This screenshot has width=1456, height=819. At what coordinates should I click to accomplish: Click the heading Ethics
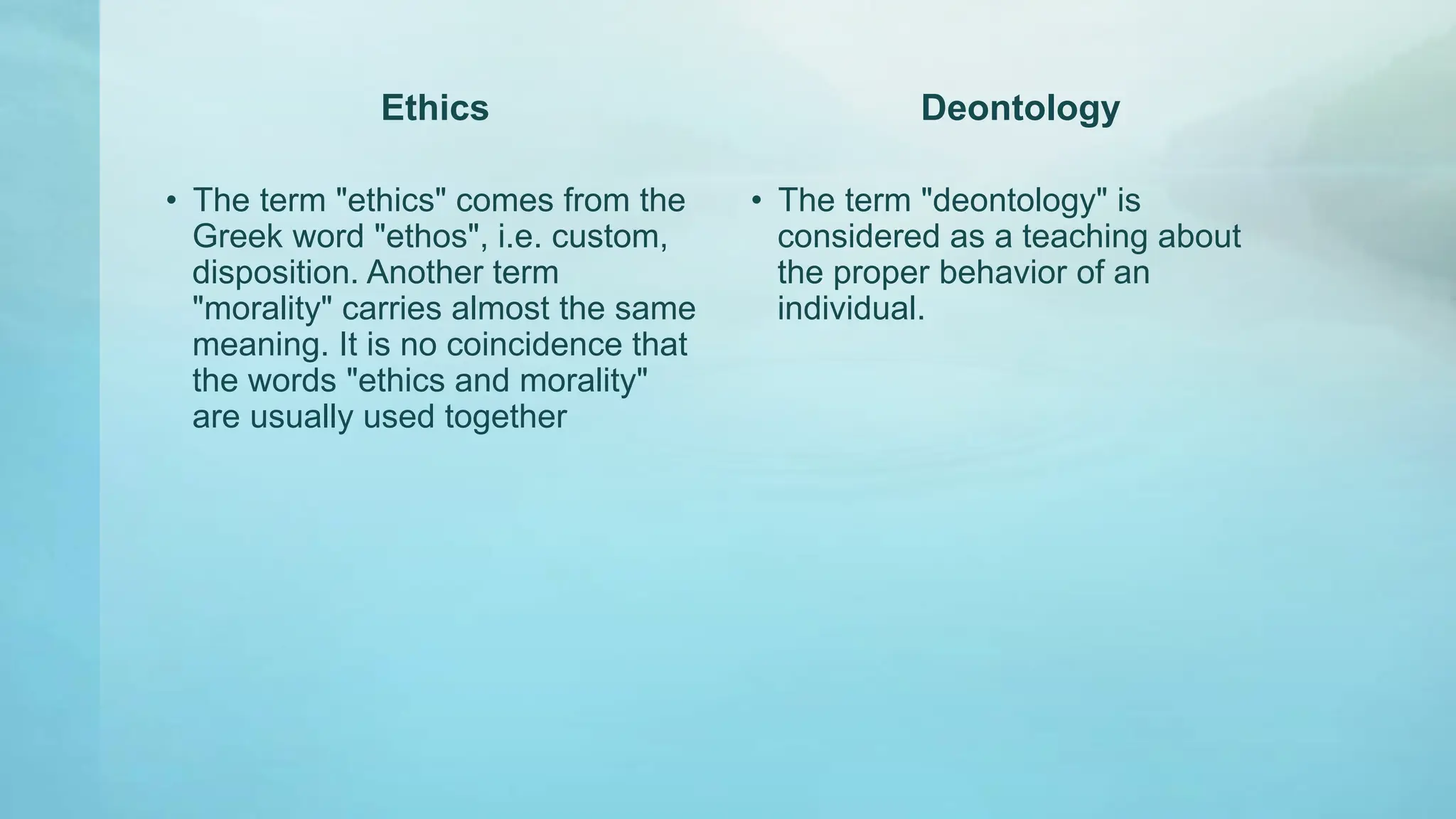tap(434, 108)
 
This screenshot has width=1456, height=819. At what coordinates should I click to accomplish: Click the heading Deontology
tap(1020, 108)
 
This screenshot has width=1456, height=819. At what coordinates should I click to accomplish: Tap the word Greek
tap(237, 237)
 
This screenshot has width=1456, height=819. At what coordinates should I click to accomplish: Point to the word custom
tap(608, 237)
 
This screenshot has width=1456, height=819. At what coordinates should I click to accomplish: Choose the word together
tap(505, 417)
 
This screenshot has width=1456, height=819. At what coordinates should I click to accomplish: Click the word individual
tap(850, 309)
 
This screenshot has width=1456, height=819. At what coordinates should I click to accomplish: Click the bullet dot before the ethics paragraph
tap(171, 201)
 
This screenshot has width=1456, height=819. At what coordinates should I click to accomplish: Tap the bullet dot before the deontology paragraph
tap(756, 201)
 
